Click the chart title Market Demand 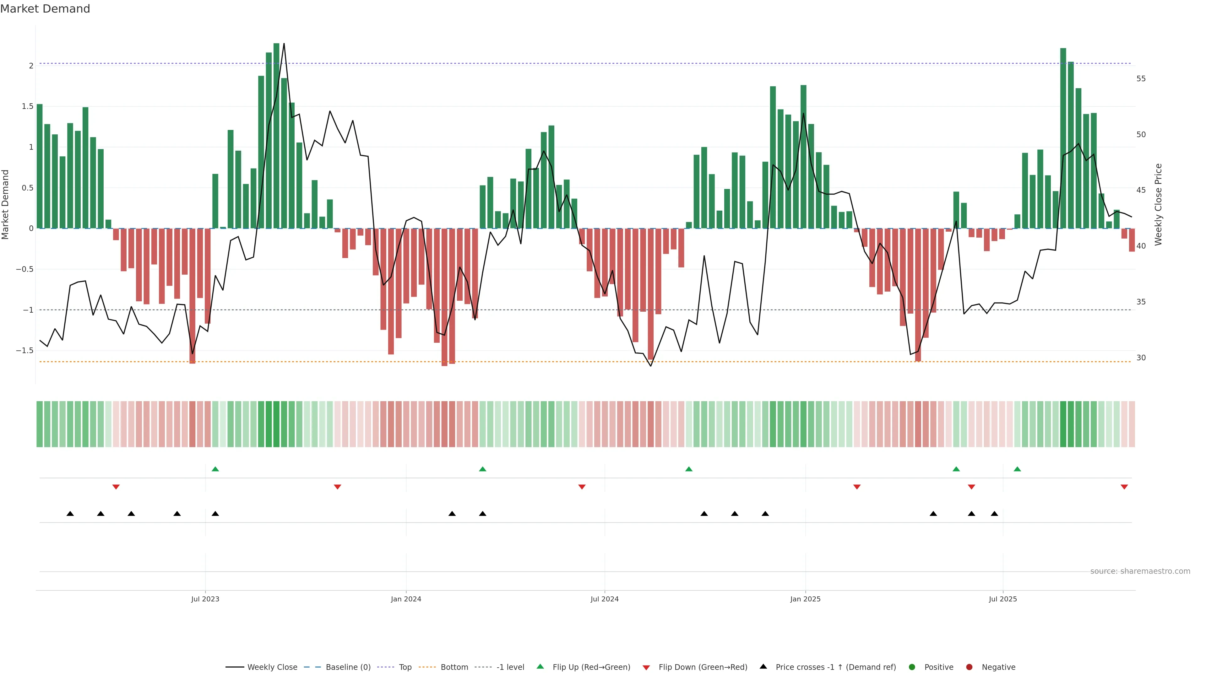[x=45, y=9]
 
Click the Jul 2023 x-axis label [x=205, y=599]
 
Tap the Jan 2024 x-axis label [x=406, y=599]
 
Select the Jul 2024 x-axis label [x=604, y=599]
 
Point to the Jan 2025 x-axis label [x=805, y=599]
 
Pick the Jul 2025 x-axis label [x=1003, y=599]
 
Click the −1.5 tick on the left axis [x=24, y=351]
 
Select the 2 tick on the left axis [x=31, y=66]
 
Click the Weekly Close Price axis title [x=1158, y=204]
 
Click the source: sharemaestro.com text [x=1140, y=571]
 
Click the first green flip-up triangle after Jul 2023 [x=215, y=469]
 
